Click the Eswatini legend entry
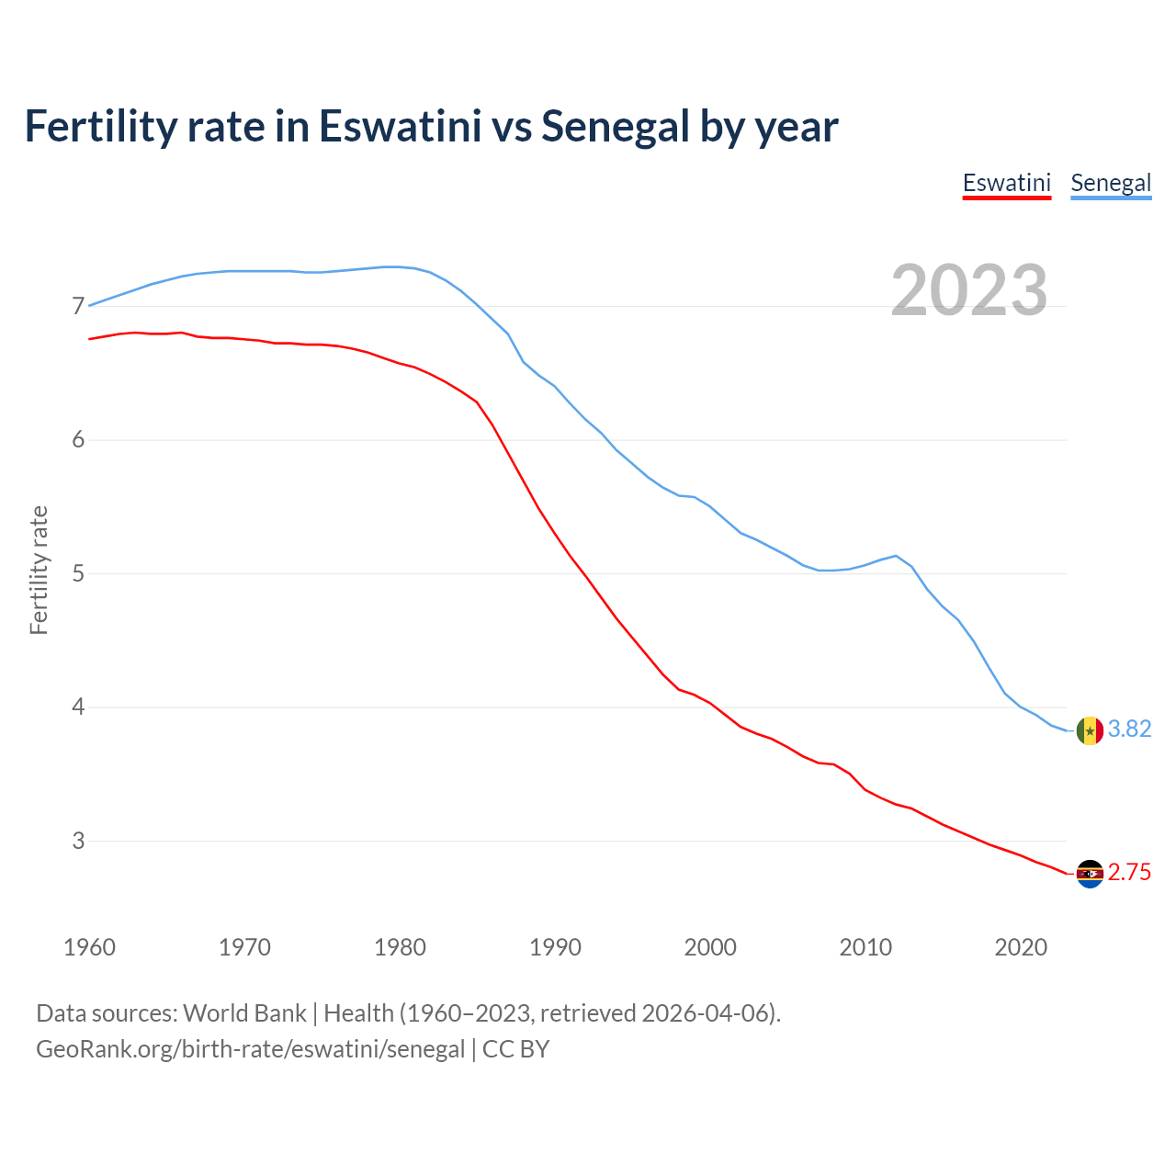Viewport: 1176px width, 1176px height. [1006, 183]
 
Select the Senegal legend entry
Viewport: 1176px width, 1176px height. [1111, 183]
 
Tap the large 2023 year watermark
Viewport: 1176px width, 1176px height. [969, 290]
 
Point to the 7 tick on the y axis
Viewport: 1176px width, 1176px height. [78, 306]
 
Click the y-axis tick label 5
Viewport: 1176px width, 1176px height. [78, 574]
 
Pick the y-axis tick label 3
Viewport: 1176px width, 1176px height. [78, 841]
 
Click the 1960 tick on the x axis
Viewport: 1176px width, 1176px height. [89, 947]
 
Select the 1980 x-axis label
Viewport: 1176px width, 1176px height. [400, 947]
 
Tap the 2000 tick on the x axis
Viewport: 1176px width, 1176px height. [710, 947]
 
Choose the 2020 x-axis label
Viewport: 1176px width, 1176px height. [1021, 947]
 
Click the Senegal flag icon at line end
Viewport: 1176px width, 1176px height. [1090, 730]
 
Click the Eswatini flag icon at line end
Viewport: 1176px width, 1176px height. [1090, 874]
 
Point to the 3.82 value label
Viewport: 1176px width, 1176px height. [1129, 729]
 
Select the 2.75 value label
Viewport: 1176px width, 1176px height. [1129, 873]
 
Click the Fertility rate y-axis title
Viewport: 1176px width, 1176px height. [39, 570]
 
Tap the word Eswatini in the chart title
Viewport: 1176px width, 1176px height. [400, 127]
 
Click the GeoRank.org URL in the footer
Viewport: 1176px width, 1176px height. [250, 1049]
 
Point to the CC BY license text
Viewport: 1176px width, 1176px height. [515, 1049]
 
